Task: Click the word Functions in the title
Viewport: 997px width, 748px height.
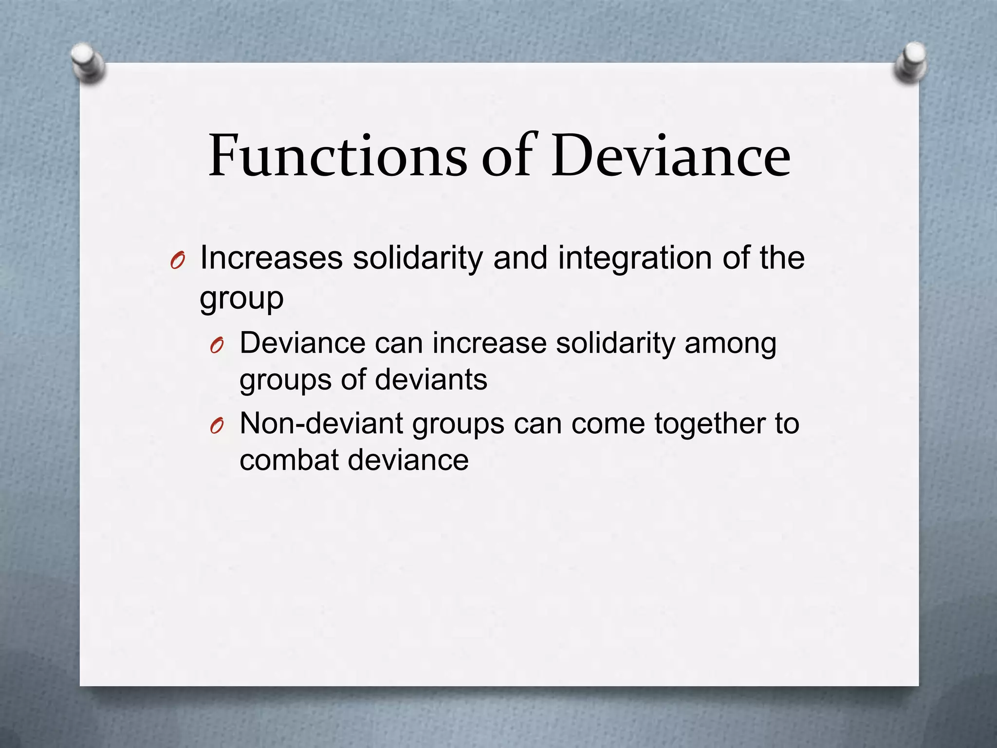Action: point(337,156)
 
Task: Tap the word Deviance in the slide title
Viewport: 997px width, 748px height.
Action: point(670,156)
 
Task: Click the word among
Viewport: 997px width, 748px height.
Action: point(730,344)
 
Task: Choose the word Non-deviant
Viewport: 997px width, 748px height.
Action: point(321,423)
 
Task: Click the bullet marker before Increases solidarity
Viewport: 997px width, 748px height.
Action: point(177,262)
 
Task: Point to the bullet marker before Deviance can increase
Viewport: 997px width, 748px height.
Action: point(217,346)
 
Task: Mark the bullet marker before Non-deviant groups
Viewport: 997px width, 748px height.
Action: point(217,427)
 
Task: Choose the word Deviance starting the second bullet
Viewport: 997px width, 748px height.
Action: point(302,343)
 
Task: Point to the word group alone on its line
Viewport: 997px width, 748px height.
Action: point(241,298)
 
